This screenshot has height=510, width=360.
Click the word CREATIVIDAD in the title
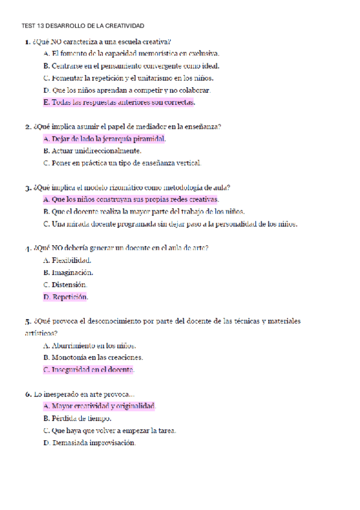point(123,26)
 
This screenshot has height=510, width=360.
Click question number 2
point(28,127)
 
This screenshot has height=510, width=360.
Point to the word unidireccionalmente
point(106,151)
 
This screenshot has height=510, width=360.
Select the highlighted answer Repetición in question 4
point(66,296)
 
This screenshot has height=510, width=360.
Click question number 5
point(28,321)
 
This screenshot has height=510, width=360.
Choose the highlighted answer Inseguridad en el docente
point(89,369)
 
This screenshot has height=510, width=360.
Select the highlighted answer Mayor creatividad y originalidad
point(99,406)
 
